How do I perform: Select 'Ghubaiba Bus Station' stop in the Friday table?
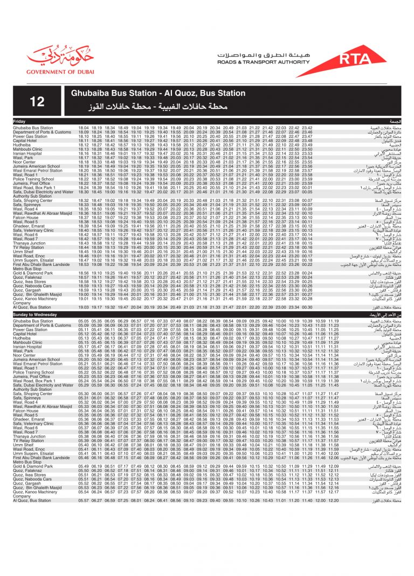(x=33, y=127)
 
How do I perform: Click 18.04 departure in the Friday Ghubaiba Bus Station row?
(x=84, y=127)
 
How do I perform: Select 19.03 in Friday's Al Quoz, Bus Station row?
(x=84, y=307)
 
